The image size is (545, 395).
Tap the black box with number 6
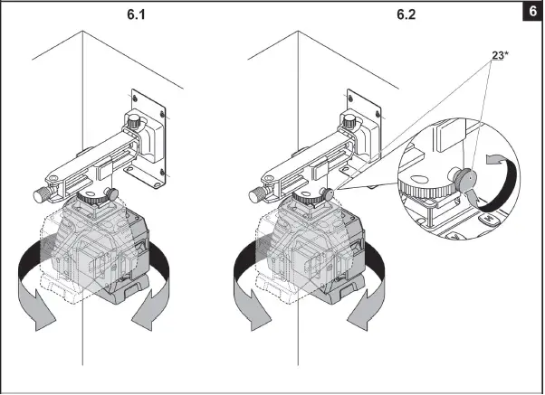point(531,13)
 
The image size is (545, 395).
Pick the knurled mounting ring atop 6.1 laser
point(90,196)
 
